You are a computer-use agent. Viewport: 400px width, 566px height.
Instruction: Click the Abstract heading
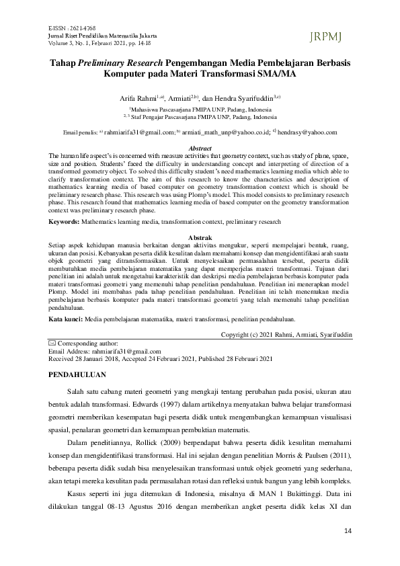click(200, 147)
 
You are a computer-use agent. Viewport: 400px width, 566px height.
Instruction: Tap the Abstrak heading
click(200, 238)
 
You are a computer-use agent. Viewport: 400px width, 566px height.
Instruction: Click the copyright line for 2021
click(286, 335)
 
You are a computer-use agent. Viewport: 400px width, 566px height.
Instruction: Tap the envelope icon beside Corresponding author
click(53, 343)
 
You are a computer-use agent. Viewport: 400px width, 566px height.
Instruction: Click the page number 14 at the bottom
click(348, 532)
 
